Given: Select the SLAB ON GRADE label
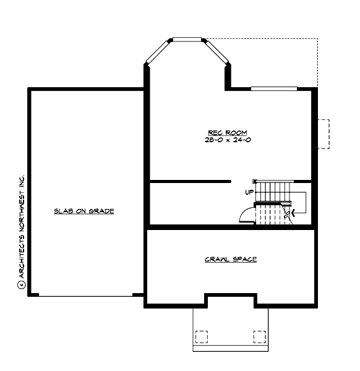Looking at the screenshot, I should [84, 211].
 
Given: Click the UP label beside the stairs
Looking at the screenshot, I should [249, 192].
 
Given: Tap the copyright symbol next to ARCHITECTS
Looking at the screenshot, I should [21, 285].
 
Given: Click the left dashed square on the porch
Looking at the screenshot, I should [202, 336].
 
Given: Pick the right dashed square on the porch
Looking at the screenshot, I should [259, 336].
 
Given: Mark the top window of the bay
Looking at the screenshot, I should [187, 40].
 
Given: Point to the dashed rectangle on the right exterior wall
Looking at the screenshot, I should [324, 134].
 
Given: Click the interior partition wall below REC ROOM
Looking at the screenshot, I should [189, 181].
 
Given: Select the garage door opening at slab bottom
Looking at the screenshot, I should [86, 296].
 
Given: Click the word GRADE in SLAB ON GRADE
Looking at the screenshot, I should [102, 211].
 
